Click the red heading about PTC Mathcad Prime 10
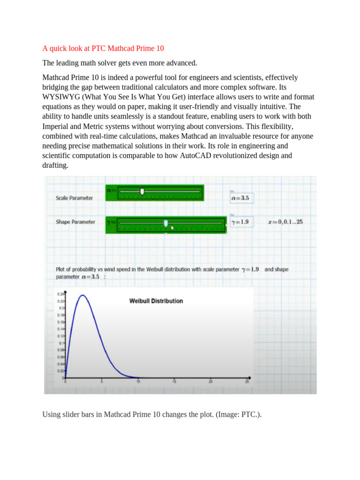pyautogui.click(x=103, y=48)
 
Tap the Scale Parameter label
pyautogui.click(x=74, y=198)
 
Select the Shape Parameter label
pyautogui.click(x=75, y=222)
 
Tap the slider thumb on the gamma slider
pyautogui.click(x=165, y=224)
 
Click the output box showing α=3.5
pyautogui.click(x=240, y=198)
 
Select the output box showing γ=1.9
pyautogui.click(x=240, y=222)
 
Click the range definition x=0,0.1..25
pyautogui.click(x=285, y=222)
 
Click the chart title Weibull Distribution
pyautogui.click(x=156, y=301)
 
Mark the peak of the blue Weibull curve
pyautogui.click(x=82, y=295)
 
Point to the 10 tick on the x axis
pyautogui.click(x=138, y=381)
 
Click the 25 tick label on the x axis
pyautogui.click(x=247, y=381)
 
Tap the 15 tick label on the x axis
pyautogui.click(x=174, y=381)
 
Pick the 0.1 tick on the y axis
pyautogui.click(x=61, y=343)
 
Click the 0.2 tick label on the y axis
pyautogui.click(x=61, y=308)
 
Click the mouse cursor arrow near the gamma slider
pyautogui.click(x=172, y=228)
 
